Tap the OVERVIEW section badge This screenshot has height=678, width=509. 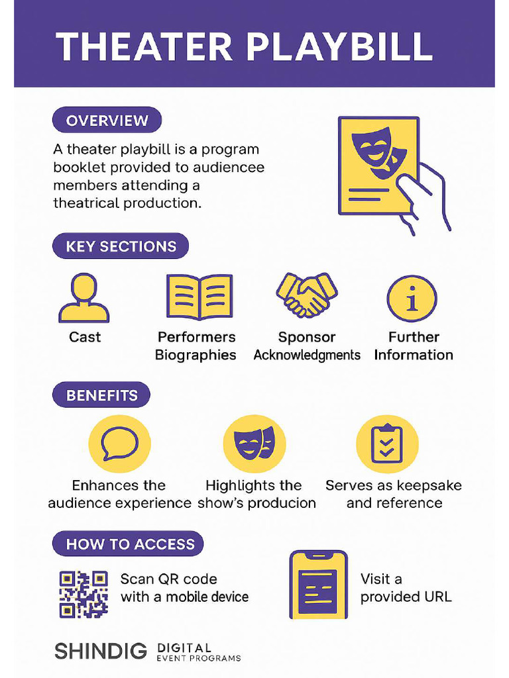pyautogui.click(x=107, y=121)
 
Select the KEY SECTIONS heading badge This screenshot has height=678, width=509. pyautogui.click(x=121, y=247)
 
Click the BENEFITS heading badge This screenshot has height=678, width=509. pyautogui.click(x=101, y=396)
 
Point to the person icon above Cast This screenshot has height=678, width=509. pyautogui.click(x=84, y=299)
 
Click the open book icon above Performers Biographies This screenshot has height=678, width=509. pyautogui.click(x=199, y=297)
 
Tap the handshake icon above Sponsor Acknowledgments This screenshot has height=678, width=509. pyautogui.click(x=307, y=295)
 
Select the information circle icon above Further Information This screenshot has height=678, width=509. pyautogui.click(x=412, y=299)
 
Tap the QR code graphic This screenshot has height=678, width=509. pyautogui.click(x=84, y=594)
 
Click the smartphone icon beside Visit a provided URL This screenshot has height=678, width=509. pyautogui.click(x=318, y=585)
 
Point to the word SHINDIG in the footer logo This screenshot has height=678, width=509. pyautogui.click(x=101, y=651)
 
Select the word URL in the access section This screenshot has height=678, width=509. pyautogui.click(x=438, y=597)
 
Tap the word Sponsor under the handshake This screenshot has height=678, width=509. pyautogui.click(x=307, y=338)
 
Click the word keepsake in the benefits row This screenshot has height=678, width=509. pyautogui.click(x=429, y=485)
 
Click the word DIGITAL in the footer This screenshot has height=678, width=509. pyautogui.click(x=185, y=647)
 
